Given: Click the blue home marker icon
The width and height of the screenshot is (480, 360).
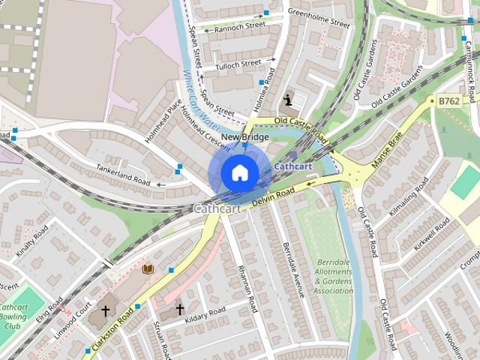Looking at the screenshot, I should (x=239, y=172).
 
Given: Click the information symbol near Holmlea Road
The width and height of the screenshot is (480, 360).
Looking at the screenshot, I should (x=288, y=100).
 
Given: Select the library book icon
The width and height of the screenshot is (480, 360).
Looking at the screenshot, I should (x=147, y=268).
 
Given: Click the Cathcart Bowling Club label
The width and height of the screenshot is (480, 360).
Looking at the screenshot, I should (x=13, y=316).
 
